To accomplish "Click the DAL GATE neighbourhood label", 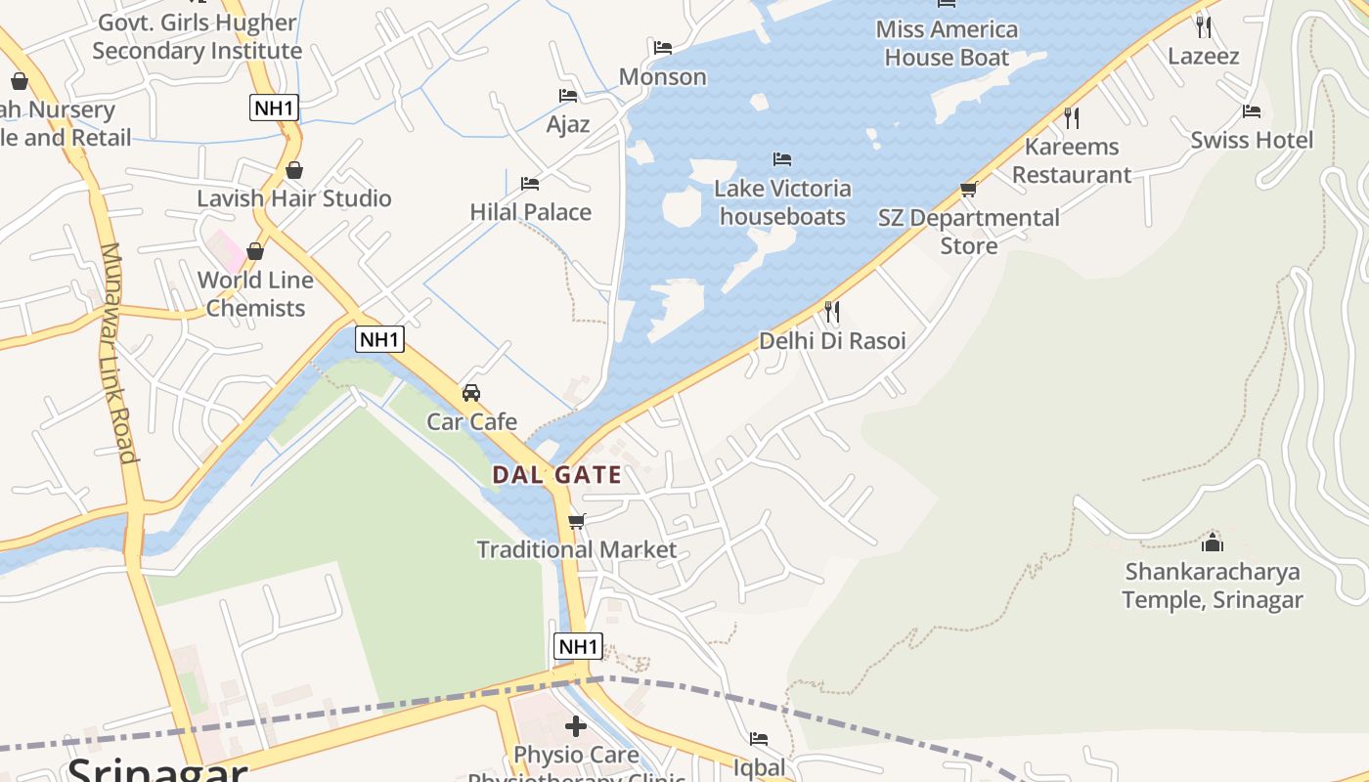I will click(x=556, y=475).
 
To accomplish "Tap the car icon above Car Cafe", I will click(x=471, y=393).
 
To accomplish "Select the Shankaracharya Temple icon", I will click(x=1213, y=543).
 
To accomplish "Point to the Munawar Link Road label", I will click(x=116, y=352).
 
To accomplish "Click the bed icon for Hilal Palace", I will click(x=530, y=184).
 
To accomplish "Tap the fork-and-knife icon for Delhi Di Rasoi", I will click(x=832, y=312).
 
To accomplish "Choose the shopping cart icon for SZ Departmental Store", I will click(x=969, y=189).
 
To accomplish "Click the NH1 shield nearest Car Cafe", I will click(x=379, y=339).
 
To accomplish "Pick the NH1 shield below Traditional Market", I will click(x=578, y=646).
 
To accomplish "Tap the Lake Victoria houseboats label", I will click(x=782, y=202).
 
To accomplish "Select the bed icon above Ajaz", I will click(x=568, y=96).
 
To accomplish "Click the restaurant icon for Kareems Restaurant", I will click(x=1072, y=118).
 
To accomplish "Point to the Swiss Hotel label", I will click(x=1252, y=140).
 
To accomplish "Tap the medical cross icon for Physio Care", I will click(x=576, y=726).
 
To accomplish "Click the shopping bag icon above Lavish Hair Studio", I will click(x=294, y=171).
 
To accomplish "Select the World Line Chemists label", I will click(x=255, y=293).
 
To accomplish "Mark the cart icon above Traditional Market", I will click(x=577, y=522).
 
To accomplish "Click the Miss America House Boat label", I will click(x=947, y=43).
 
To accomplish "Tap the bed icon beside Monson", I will click(x=663, y=48).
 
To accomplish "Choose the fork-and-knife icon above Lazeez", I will click(x=1204, y=26).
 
